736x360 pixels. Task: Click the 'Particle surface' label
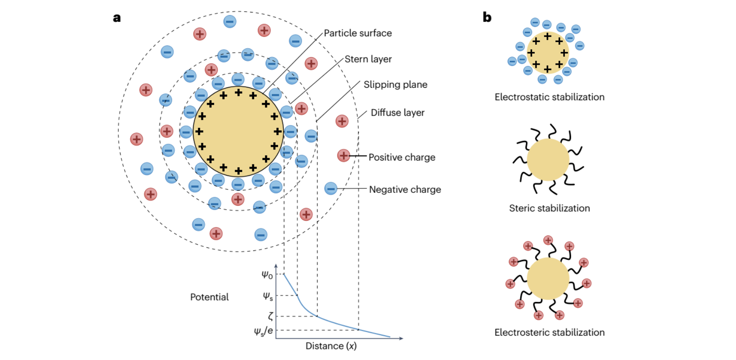click(x=357, y=33)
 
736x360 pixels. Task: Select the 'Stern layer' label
click(x=368, y=59)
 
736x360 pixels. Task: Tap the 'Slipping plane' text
click(x=395, y=85)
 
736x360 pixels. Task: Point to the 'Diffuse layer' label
click(x=397, y=113)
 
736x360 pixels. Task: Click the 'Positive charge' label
click(x=402, y=157)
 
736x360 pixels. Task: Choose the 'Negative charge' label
click(x=405, y=190)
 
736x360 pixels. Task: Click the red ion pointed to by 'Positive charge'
click(x=344, y=156)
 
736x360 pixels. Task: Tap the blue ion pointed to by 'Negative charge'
click(x=331, y=188)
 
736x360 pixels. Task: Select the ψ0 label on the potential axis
click(x=267, y=275)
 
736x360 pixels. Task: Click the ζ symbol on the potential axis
click(x=270, y=316)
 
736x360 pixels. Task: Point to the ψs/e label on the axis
click(x=263, y=331)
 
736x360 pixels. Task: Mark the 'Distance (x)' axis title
click(x=331, y=346)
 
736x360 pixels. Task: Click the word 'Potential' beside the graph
click(x=209, y=297)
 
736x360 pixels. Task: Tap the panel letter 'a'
click(x=117, y=18)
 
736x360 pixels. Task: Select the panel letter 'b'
click(x=487, y=17)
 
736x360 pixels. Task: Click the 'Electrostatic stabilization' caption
click(x=549, y=97)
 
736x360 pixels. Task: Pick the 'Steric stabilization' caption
click(x=549, y=208)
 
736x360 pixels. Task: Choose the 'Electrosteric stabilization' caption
click(x=549, y=333)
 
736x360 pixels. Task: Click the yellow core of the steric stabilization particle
click(x=548, y=160)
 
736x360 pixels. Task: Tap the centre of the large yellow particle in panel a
click(x=238, y=132)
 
